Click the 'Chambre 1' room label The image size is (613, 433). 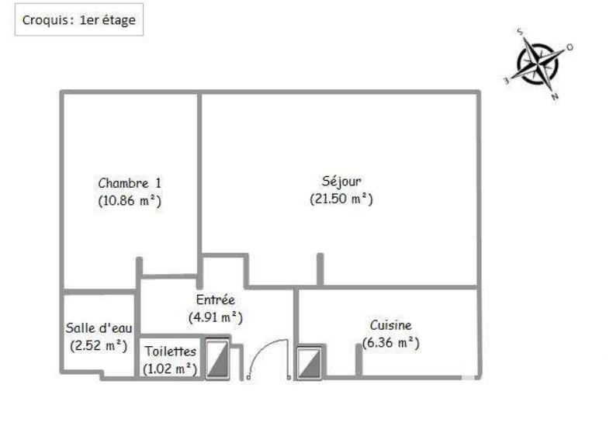pos(130,183)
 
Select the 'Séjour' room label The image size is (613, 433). pos(341,182)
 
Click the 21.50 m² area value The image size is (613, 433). pos(341,199)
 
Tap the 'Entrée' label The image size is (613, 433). pos(215,300)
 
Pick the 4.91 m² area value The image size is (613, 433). pos(216,317)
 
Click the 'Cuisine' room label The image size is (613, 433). pos(390,326)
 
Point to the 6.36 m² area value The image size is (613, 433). pos(390,343)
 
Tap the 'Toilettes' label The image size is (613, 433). pos(170,352)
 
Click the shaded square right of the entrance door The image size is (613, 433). pos(309,362)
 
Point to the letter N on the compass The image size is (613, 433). pos(555,97)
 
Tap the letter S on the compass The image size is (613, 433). pos(521,33)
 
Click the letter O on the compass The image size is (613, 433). pos(570,47)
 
